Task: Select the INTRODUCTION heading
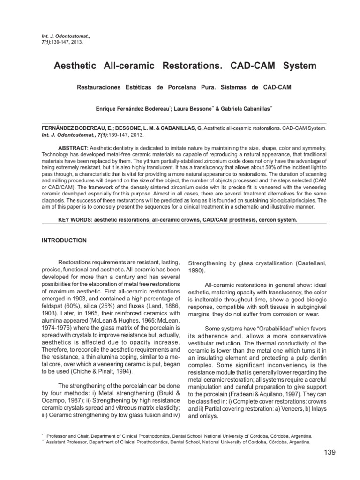[x=64, y=240]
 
